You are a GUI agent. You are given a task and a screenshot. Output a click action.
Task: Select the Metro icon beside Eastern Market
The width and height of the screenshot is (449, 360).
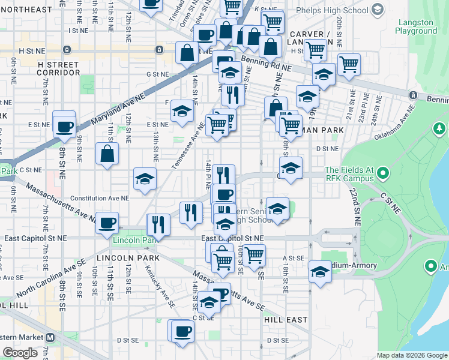[50, 337]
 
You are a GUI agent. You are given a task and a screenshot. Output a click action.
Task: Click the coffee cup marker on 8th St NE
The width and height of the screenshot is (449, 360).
[64, 127]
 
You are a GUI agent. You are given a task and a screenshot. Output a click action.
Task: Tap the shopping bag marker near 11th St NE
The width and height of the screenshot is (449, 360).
[106, 153]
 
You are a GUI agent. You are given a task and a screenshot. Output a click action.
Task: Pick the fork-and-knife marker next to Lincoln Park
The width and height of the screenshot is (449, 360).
[158, 224]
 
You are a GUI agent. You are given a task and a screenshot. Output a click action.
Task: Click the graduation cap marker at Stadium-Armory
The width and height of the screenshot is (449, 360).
[321, 272]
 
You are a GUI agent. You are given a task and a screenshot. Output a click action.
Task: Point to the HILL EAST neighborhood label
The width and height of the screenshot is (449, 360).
[286, 320]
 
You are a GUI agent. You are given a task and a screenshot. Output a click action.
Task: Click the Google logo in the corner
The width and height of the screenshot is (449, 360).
[21, 353]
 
